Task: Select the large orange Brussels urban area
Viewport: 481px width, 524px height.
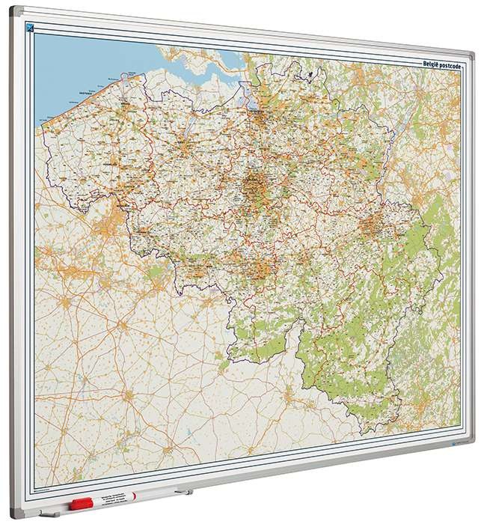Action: [255, 184]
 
